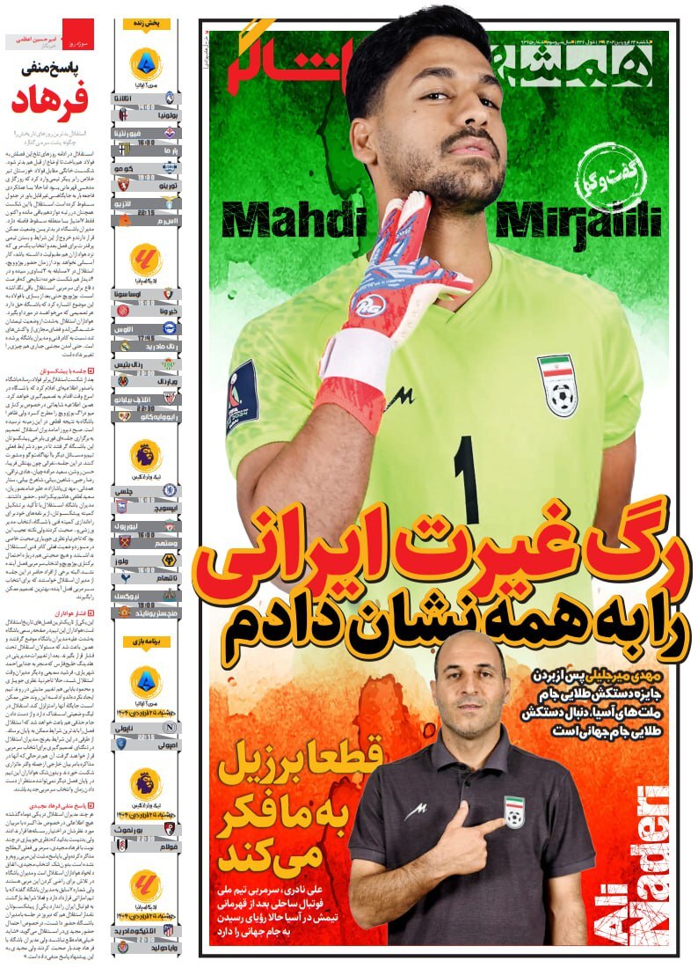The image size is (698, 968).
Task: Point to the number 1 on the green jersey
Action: coord(467,480)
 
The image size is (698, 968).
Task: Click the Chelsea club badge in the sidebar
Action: coord(170,490)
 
